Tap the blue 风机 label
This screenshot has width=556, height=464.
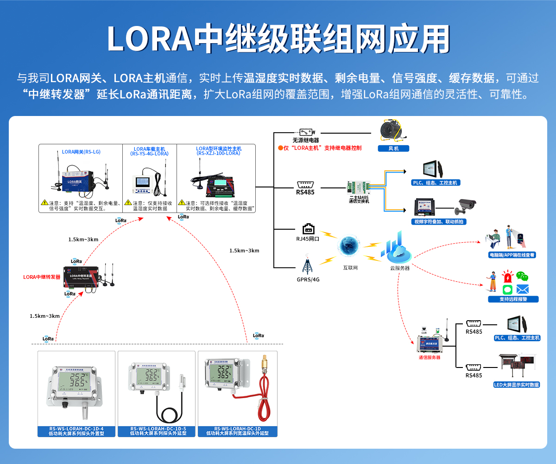393,148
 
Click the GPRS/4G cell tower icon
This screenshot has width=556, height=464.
307,264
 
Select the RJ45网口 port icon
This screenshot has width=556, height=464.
309,229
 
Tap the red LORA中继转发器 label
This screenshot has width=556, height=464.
42,277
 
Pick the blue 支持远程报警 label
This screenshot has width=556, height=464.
513,299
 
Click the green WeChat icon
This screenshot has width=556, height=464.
523,277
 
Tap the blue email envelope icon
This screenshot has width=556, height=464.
523,290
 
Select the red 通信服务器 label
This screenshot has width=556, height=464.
429,357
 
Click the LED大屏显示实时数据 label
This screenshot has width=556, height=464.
517,385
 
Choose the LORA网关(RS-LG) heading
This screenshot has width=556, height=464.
81,152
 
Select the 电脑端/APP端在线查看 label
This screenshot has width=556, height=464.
512,255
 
